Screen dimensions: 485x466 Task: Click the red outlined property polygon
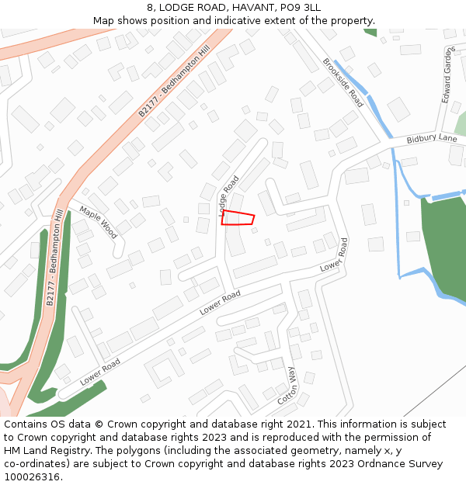(x=238, y=218)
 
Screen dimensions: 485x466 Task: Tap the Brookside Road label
(x=343, y=83)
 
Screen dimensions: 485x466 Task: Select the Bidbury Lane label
(x=432, y=139)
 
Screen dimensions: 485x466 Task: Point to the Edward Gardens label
(x=447, y=74)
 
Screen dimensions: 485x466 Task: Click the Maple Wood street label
(x=98, y=223)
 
